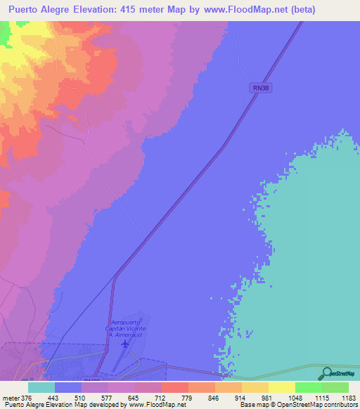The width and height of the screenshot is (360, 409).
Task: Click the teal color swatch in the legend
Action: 41,387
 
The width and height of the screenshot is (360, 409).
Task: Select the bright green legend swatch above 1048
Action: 309,387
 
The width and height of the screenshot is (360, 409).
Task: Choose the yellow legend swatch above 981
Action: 282,387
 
